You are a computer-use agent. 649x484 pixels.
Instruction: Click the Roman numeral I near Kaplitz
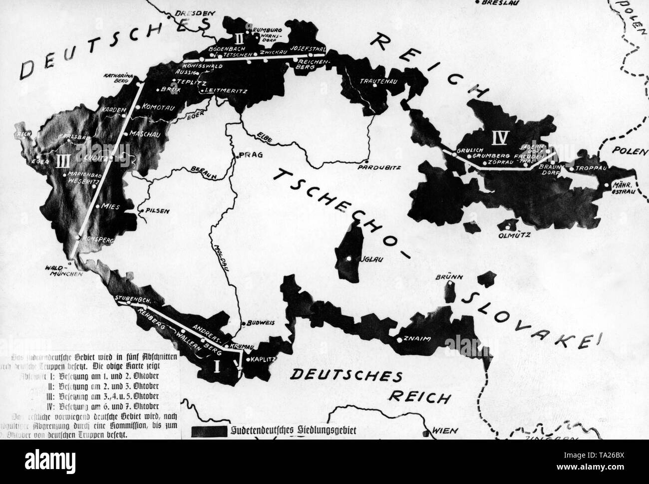[x=217, y=367]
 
